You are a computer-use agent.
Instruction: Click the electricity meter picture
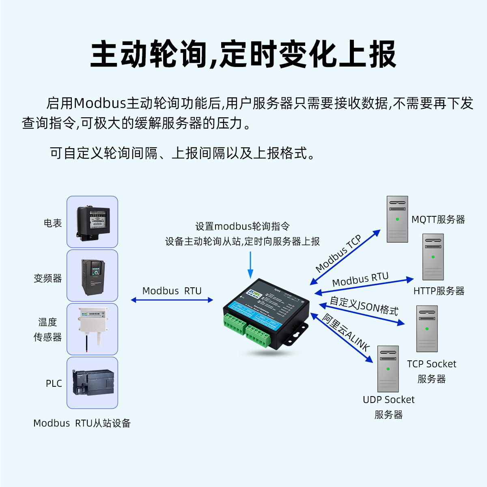click(x=93, y=222)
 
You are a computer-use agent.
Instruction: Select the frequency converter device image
click(x=93, y=276)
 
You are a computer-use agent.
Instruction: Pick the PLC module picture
click(x=93, y=382)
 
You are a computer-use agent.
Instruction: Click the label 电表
click(x=53, y=223)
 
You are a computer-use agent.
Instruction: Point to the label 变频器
click(x=48, y=278)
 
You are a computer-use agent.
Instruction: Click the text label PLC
click(x=54, y=384)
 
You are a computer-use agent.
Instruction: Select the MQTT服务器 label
click(x=438, y=220)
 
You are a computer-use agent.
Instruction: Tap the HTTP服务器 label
click(x=439, y=291)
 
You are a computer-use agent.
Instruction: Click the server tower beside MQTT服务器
click(x=397, y=219)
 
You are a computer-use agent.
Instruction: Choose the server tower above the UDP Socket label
click(x=388, y=368)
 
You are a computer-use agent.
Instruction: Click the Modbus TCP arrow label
click(x=338, y=254)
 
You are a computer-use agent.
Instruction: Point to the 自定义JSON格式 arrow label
click(x=364, y=306)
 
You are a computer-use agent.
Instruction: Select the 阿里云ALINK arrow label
click(x=346, y=332)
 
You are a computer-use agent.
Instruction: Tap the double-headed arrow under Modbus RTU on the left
click(x=172, y=300)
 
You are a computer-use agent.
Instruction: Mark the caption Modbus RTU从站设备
click(x=82, y=423)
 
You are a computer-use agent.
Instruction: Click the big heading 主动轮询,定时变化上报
click(x=243, y=54)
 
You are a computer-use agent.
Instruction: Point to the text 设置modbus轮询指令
click(x=242, y=226)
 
